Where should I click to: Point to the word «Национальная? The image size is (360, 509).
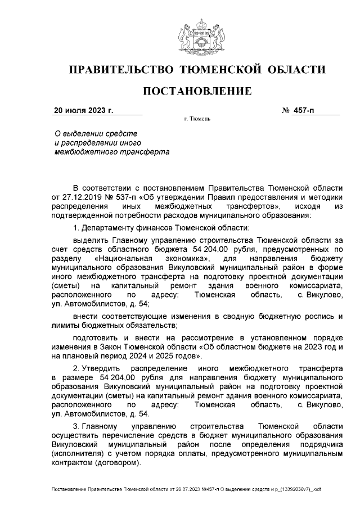coord(120,258)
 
